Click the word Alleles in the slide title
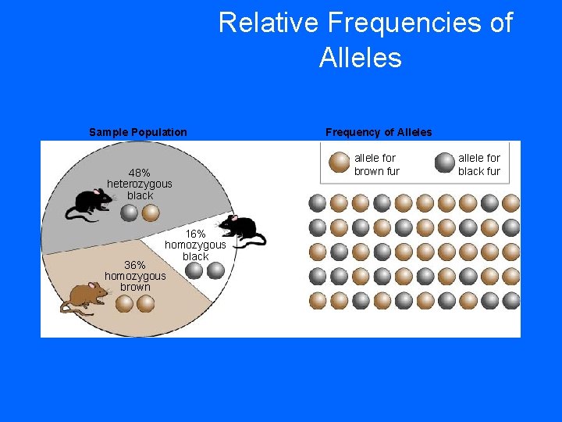[360, 58]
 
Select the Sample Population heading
[138, 132]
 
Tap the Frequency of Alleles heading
[379, 132]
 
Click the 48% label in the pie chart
[140, 173]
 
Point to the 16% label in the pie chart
[195, 234]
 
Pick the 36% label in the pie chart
[135, 264]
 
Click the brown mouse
[84, 297]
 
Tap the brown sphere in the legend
[340, 163]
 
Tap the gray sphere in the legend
[445, 163]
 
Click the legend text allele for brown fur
[376, 164]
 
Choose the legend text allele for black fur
[478, 164]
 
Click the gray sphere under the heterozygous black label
[130, 213]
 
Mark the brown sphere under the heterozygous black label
[151, 213]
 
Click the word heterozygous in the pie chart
[140, 184]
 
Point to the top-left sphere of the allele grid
[318, 203]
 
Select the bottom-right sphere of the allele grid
[510, 300]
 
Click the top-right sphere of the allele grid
[510, 203]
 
